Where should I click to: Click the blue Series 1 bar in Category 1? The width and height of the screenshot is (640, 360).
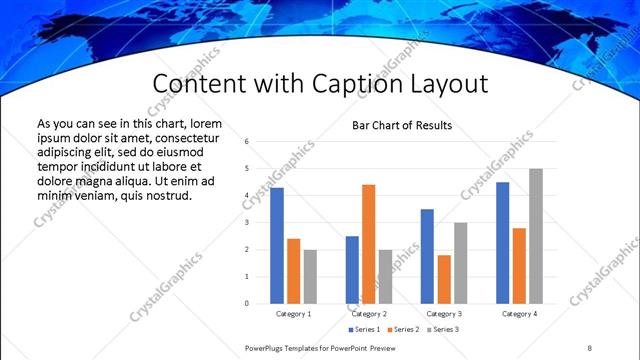(277, 245)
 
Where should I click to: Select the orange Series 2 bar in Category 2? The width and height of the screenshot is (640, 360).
(368, 243)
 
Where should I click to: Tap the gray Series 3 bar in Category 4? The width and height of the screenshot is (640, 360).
(536, 235)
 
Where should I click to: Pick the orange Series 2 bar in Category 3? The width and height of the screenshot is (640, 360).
(443, 279)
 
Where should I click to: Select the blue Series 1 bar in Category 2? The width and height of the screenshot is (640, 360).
(352, 269)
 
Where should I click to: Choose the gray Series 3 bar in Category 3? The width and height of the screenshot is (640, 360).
(460, 262)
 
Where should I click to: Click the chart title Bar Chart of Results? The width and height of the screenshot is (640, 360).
(402, 126)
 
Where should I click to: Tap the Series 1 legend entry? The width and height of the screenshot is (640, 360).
(364, 329)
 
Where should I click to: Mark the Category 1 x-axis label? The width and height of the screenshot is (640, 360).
(293, 313)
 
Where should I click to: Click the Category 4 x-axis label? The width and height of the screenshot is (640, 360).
(519, 313)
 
